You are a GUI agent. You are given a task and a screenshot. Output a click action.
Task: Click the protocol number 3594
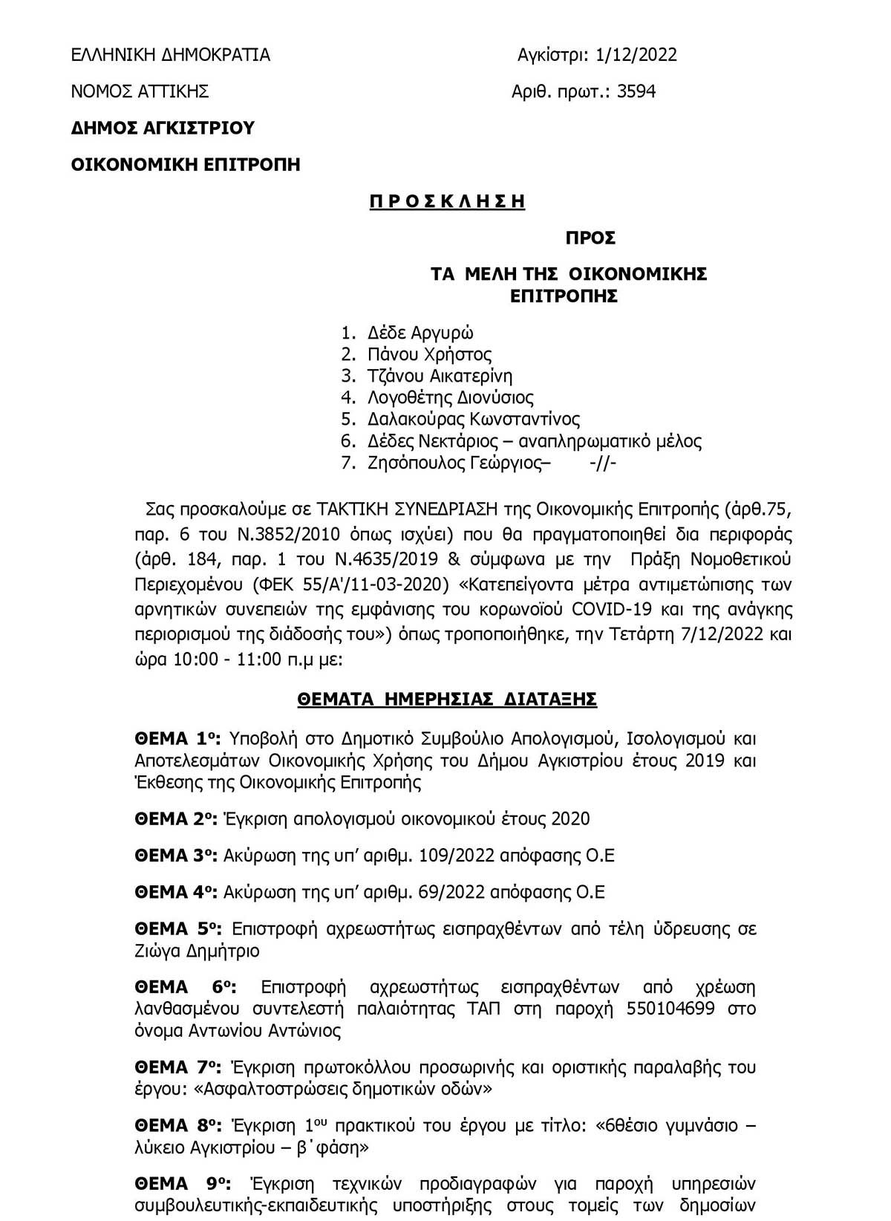pos(636,91)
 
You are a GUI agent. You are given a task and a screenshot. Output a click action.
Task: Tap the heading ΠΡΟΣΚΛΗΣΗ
pos(447,201)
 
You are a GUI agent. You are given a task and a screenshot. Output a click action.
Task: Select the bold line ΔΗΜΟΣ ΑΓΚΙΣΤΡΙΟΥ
pos(163,128)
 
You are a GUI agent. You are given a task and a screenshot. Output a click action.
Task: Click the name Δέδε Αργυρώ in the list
pos(420,333)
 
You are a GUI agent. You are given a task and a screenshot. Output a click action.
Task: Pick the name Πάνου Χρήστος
pos(429,354)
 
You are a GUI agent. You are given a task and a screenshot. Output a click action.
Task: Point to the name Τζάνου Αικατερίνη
pos(440,376)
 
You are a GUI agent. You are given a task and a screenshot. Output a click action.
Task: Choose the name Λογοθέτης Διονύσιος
pos(451,397)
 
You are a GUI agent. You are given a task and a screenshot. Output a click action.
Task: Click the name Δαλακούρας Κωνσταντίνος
pos(474,419)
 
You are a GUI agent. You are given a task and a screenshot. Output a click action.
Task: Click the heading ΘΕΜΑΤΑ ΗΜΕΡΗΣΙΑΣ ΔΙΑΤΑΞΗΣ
pos(447,700)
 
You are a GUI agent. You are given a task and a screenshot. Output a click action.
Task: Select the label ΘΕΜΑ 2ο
pos(175,819)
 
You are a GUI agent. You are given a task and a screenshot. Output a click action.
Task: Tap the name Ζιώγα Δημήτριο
pos(198,951)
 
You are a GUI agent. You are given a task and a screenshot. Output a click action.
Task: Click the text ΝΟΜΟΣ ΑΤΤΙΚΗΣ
pos(140,91)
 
